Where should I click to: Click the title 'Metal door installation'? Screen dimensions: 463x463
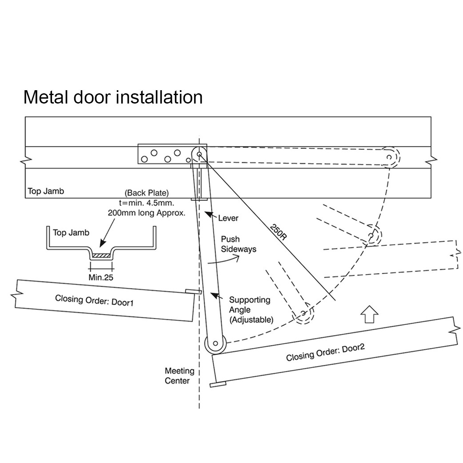pyautogui.click(x=113, y=97)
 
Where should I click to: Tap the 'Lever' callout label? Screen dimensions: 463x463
pyautogui.click(x=228, y=218)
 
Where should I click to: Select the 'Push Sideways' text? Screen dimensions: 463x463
pyautogui.click(x=239, y=244)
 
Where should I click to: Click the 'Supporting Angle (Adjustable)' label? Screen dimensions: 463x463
pyautogui.click(x=249, y=309)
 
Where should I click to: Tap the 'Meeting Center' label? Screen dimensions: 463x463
pyautogui.click(x=179, y=375)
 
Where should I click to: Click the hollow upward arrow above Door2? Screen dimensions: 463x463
pyautogui.click(x=370, y=314)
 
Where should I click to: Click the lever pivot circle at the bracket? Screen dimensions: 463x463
pyautogui.click(x=199, y=155)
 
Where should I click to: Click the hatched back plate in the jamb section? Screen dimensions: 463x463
pyautogui.click(x=102, y=255)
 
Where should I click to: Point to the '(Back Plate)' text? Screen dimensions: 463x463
pyautogui.click(x=146, y=193)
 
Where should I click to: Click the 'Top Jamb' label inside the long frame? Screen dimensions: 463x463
pyautogui.click(x=46, y=192)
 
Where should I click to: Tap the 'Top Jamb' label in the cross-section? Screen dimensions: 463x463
pyautogui.click(x=71, y=233)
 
